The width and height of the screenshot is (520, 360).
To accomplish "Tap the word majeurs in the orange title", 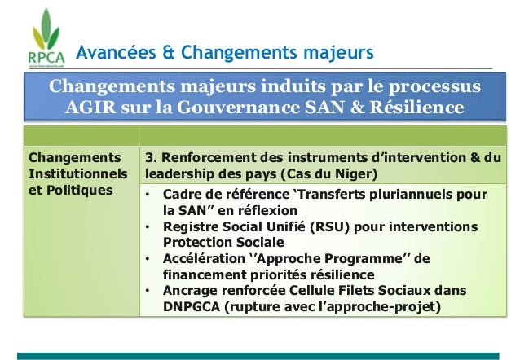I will tap(334, 54).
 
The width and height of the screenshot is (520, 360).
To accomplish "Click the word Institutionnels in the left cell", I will tap(77, 173).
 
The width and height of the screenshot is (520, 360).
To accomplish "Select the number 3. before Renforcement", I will tap(151, 156).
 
